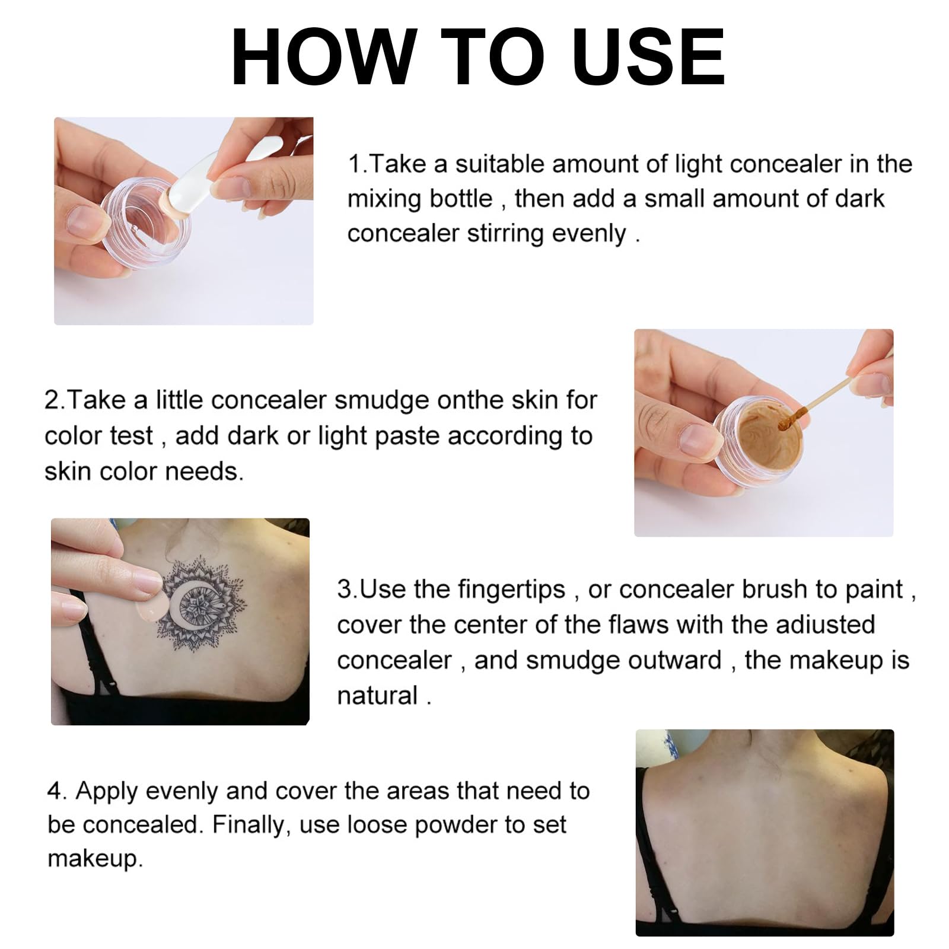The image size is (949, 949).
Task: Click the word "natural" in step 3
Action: pos(377,695)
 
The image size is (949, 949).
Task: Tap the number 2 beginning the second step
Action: pos(52,401)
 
